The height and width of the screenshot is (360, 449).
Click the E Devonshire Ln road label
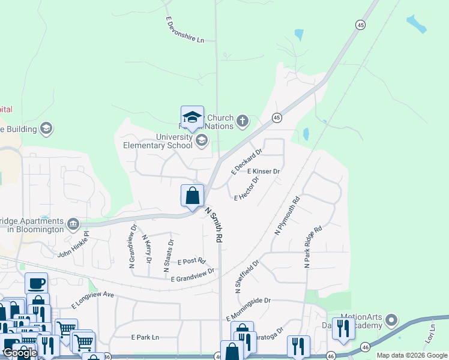tap(185, 29)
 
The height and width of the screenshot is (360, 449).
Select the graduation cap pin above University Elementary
tap(192, 117)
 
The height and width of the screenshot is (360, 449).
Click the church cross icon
tap(243, 121)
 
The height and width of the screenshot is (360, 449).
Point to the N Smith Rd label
tap(215, 225)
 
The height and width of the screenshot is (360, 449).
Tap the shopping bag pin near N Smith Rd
tap(192, 196)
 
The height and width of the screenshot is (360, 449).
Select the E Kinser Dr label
tap(264, 172)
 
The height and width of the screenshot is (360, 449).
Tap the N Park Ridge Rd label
tap(313, 247)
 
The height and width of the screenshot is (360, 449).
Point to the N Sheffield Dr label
tap(247, 277)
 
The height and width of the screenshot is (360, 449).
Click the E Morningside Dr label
tap(249, 309)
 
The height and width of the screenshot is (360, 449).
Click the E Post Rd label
tap(193, 262)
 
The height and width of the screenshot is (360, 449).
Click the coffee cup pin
tap(36, 283)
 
